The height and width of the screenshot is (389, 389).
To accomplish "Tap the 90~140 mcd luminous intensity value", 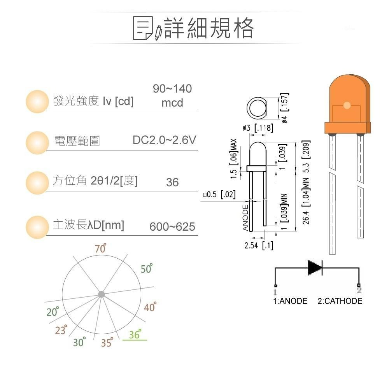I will tap(172, 96).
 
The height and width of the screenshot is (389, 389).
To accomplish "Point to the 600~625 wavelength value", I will tap(172, 227).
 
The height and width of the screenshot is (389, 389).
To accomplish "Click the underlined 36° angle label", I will tap(135, 335).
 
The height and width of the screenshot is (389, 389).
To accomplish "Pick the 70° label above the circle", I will tap(100, 248).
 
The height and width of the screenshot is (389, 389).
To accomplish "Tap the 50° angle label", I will tap(147, 268).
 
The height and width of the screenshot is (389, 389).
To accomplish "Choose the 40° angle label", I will tap(150, 307).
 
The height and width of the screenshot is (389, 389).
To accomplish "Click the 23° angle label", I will tap(61, 330).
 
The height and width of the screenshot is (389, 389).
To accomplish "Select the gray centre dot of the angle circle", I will tap(101, 294).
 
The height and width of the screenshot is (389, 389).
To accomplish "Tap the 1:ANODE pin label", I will tap(290, 301).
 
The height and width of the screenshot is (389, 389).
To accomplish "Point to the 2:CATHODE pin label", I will tap(340, 301).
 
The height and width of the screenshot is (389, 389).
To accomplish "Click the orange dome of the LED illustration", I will tap(347, 97).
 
